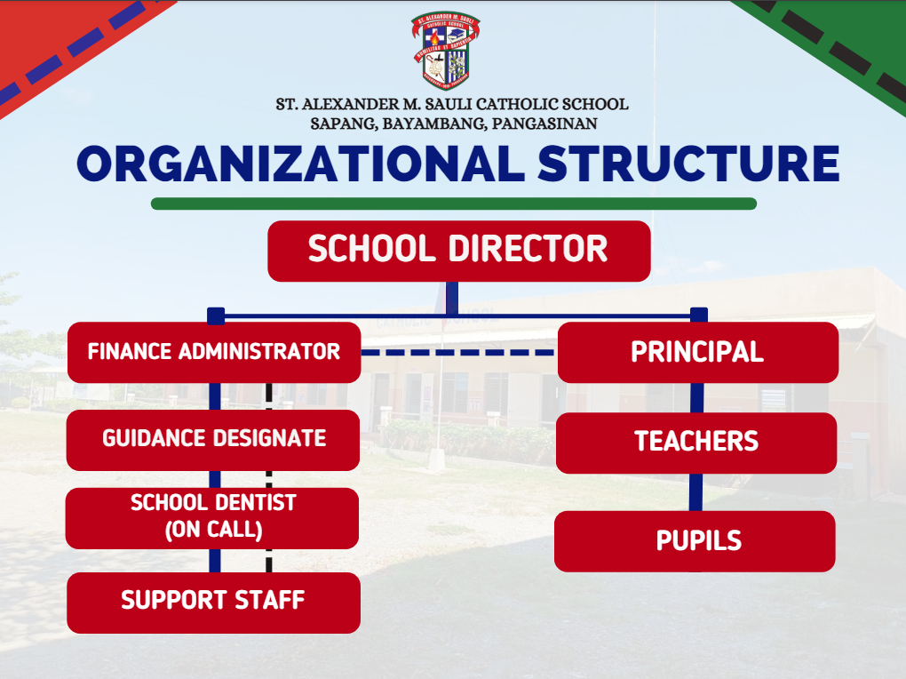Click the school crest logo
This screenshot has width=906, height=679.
point(446,51)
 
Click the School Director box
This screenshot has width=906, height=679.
point(459,251)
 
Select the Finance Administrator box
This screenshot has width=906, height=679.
point(214,352)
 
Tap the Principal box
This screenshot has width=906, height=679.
point(697,352)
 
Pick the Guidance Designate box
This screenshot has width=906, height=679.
point(213,440)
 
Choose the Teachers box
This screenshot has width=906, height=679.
point(696,443)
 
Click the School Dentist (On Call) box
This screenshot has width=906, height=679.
point(212,518)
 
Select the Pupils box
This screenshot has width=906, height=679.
point(695,541)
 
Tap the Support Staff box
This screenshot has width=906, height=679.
point(214,603)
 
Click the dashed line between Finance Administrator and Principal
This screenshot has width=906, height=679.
point(459,352)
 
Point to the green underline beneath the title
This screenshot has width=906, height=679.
point(454,204)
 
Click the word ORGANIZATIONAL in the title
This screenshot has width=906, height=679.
point(300,164)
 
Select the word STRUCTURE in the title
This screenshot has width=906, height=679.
point(688,164)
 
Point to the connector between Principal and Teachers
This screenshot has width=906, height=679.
point(697,398)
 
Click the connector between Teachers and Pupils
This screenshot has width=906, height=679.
point(695,492)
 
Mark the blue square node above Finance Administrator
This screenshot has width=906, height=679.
point(216,316)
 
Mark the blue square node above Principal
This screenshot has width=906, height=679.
point(699,316)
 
